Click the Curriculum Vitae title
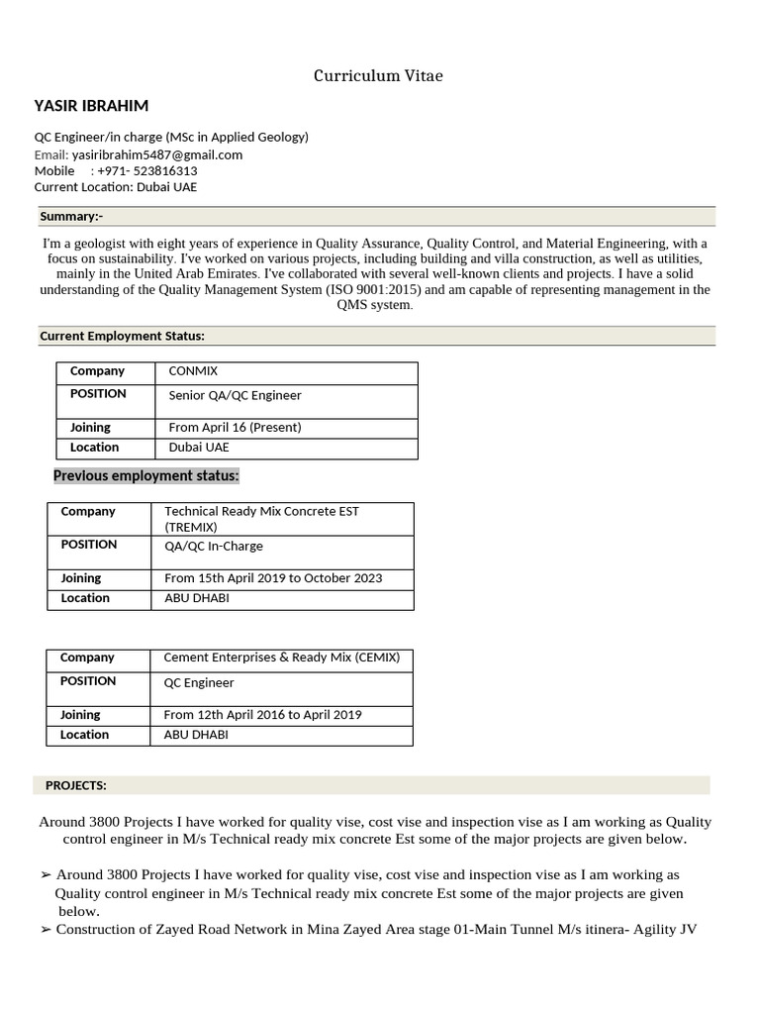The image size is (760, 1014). click(379, 76)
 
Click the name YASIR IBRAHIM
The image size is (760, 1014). click(91, 106)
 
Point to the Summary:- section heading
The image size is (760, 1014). click(71, 217)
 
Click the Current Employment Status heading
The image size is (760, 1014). click(122, 336)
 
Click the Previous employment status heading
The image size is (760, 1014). click(146, 476)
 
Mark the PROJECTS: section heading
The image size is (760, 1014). click(76, 785)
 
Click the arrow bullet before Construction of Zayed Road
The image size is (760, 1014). click(46, 930)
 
